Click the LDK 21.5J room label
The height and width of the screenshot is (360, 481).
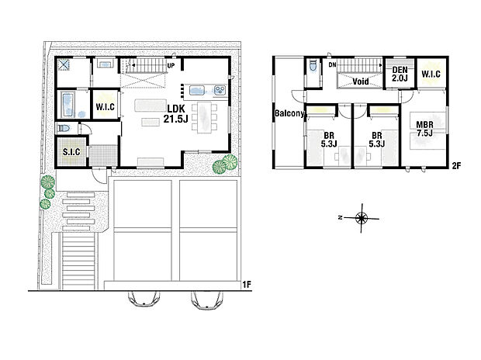(175, 115)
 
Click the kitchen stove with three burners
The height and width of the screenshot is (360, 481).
(220, 91)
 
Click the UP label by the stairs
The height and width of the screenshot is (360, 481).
(170, 65)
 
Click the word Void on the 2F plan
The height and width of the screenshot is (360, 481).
(360, 81)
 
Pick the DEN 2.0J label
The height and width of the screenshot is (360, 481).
(399, 74)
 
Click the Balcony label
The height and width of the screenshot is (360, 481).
(288, 115)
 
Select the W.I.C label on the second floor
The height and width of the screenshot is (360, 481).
(431, 74)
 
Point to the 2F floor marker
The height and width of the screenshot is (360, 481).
(457, 165)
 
